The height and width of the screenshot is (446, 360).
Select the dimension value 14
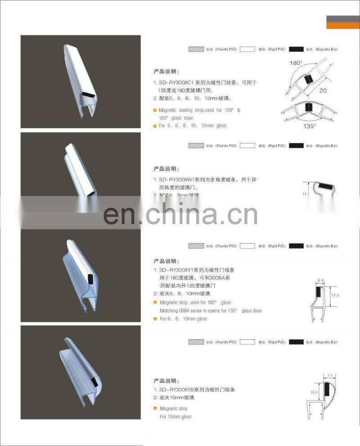[305, 193]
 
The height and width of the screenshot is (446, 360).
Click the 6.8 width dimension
[320, 280]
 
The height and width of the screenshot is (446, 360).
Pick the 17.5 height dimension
[334, 296]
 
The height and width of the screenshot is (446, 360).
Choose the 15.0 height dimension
[314, 392]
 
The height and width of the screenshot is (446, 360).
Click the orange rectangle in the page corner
[343, 26]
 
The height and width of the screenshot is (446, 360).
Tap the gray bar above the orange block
[343, 18]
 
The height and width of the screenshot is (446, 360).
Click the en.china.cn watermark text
[180, 214]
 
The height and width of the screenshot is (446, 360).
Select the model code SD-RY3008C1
[174, 83]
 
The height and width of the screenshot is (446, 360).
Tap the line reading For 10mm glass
[175, 417]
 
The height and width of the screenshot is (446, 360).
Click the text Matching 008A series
[182, 311]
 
